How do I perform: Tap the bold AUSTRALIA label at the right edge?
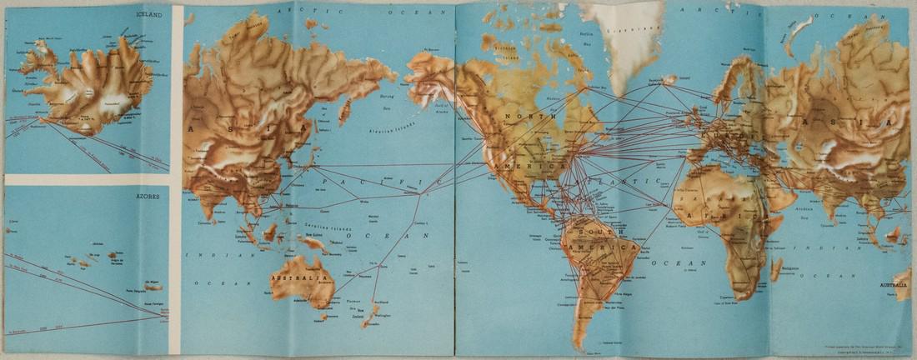point(894,285)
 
